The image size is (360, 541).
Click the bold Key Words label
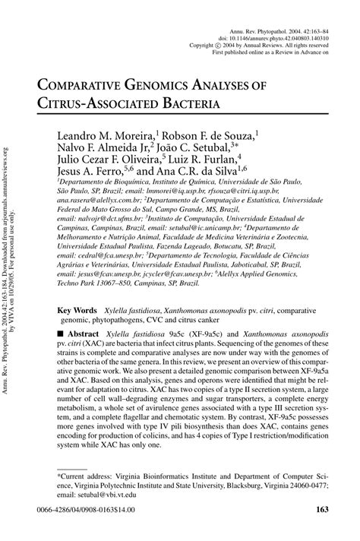(x=77, y=311)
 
